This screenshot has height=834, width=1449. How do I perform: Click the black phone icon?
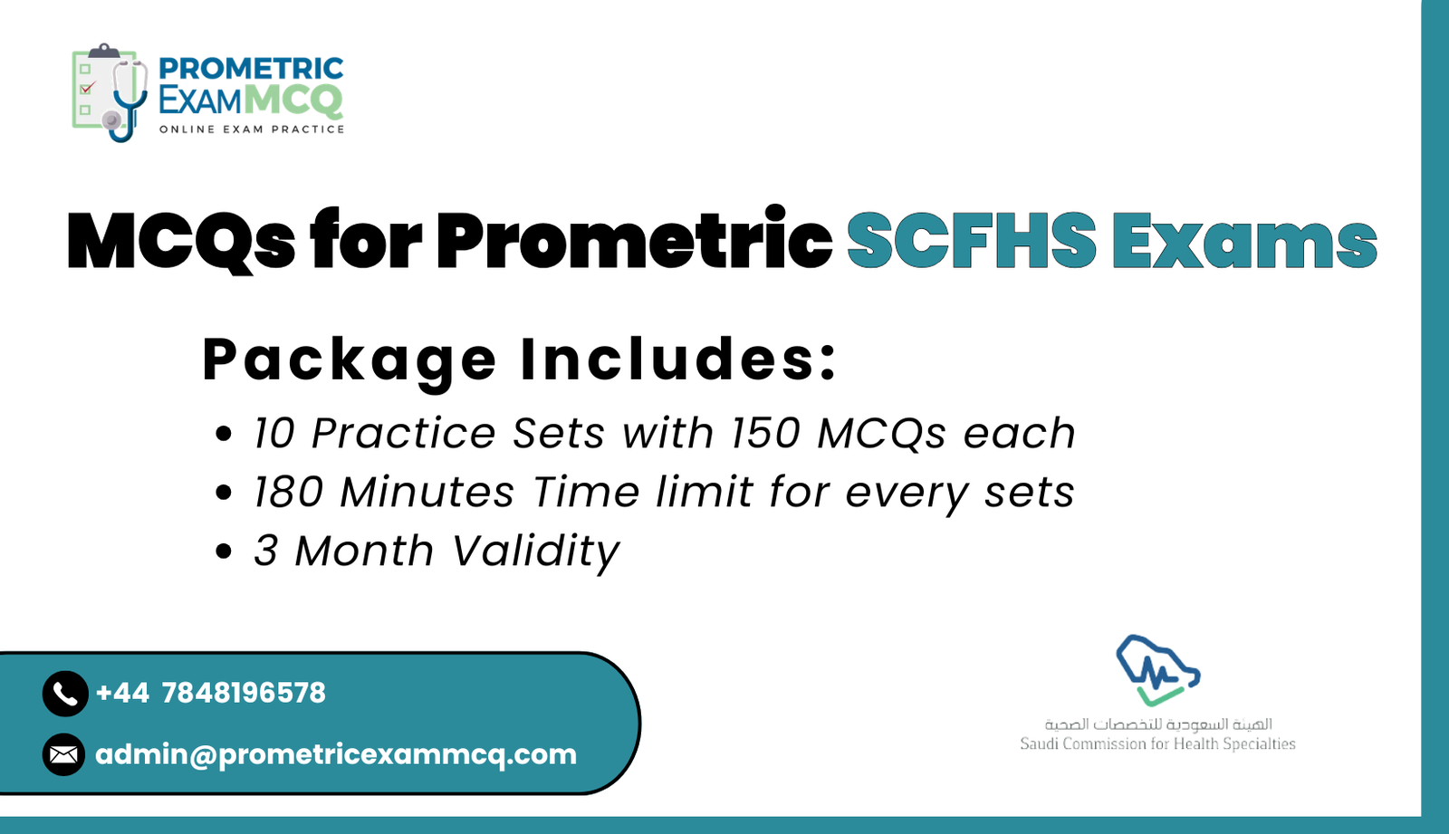[65, 694]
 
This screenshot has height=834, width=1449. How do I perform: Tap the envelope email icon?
[63, 754]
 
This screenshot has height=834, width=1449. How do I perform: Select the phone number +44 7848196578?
[210, 693]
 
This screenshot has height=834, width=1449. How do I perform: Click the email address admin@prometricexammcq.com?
[335, 754]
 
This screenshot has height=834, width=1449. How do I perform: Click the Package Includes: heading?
[520, 360]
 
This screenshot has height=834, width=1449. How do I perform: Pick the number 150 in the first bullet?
[766, 434]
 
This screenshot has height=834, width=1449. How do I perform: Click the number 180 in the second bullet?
[288, 493]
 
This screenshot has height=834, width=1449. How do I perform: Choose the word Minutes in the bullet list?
[427, 493]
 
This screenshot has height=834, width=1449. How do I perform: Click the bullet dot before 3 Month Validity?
[224, 551]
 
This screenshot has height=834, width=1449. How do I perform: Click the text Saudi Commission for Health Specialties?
[1157, 744]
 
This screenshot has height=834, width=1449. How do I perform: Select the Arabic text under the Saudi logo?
[1157, 724]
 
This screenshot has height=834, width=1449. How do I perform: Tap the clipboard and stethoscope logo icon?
[109, 92]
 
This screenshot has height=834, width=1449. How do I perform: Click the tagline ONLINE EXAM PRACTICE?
[252, 129]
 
